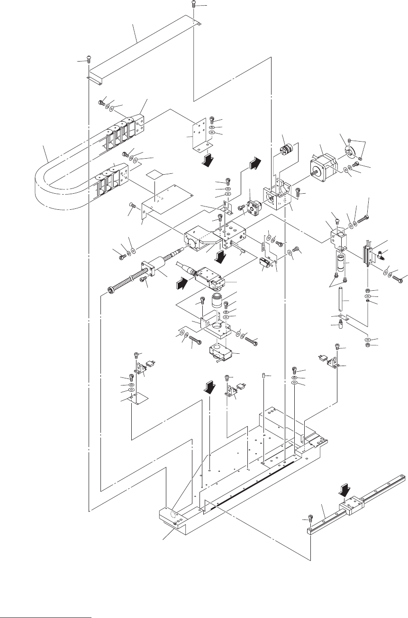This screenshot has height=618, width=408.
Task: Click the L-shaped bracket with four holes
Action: (199, 134)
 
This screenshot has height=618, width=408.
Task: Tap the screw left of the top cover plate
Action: (88, 59)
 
